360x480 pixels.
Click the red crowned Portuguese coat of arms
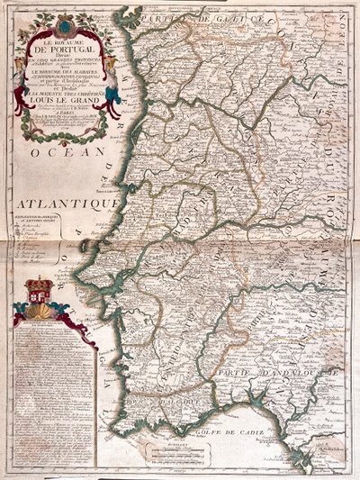tap(39, 292)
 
